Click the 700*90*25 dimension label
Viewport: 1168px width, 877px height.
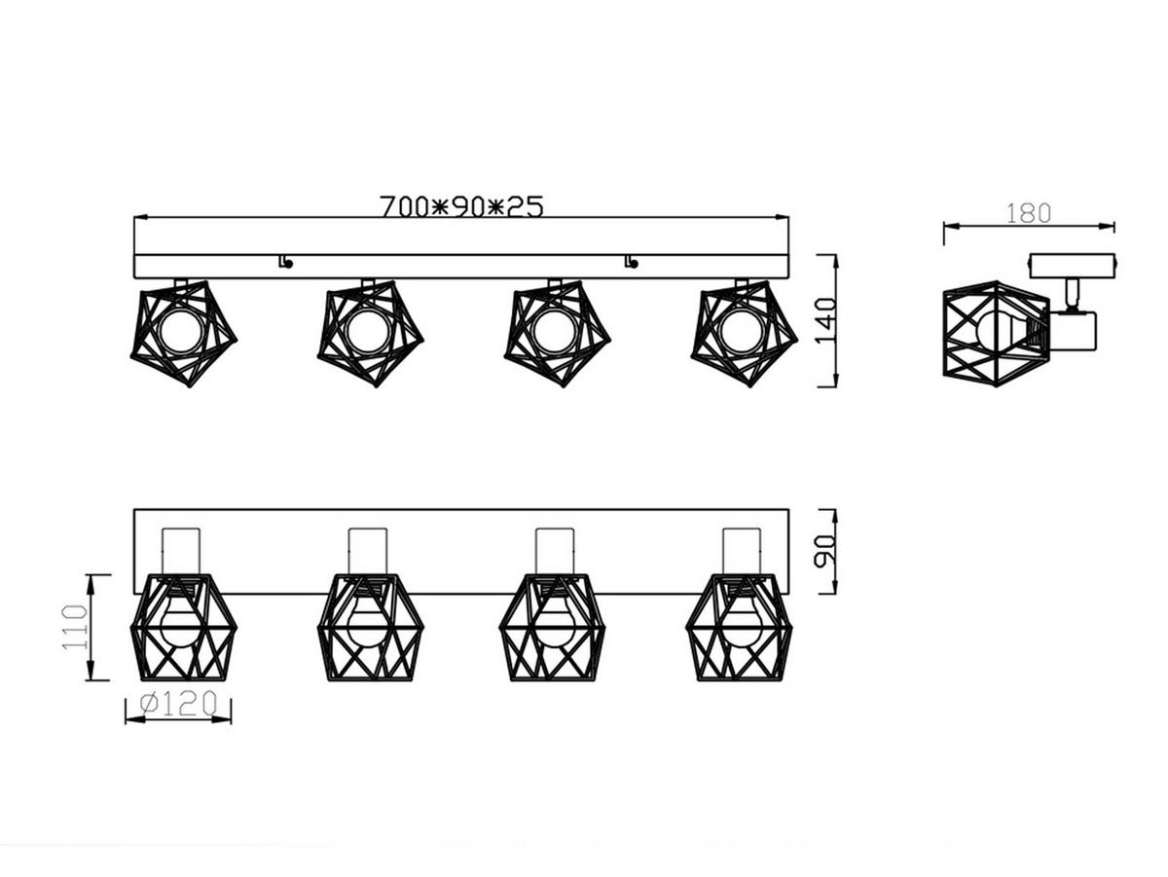(x=460, y=206)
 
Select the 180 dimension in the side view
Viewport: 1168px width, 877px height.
(x=1028, y=213)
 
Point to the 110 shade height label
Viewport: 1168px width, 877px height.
(x=75, y=627)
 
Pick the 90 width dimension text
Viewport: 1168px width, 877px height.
(x=823, y=550)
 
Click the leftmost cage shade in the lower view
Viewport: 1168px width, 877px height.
(x=183, y=627)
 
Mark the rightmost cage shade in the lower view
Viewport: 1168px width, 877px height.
(x=740, y=627)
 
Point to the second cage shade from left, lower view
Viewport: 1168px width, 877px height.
(x=369, y=627)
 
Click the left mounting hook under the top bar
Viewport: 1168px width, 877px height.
(x=284, y=261)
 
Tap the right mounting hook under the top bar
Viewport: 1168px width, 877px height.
(x=632, y=261)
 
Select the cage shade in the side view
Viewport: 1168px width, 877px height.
(x=993, y=333)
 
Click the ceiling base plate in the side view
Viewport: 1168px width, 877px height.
(x=1072, y=265)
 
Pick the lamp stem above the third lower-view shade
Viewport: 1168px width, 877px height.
(x=554, y=550)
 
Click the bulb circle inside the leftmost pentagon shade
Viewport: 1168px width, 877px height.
(x=180, y=331)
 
